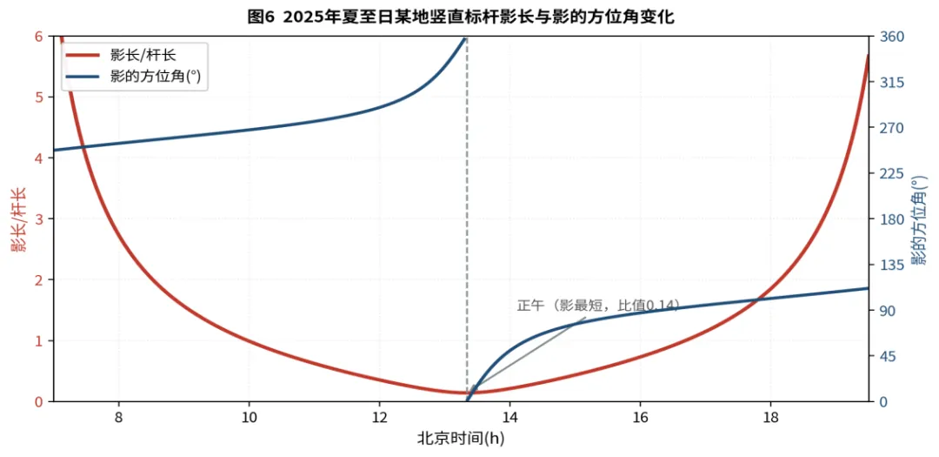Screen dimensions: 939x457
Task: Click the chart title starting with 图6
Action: pyautogui.click(x=461, y=17)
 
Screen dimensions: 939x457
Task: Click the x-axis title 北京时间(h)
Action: pyautogui.click(x=461, y=439)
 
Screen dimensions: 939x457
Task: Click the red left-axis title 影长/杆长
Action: pyautogui.click(x=19, y=218)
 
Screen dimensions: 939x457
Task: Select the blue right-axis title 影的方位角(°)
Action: pyautogui.click(x=918, y=219)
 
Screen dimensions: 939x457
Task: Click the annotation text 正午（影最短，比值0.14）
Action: pyautogui.click(x=598, y=306)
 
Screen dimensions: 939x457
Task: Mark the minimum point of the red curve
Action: pyautogui.click(x=467, y=393)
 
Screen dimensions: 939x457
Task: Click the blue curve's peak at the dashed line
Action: pyautogui.click(x=466, y=37)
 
